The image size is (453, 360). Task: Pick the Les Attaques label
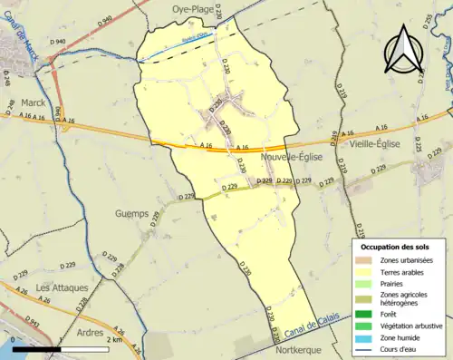[62, 287]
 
